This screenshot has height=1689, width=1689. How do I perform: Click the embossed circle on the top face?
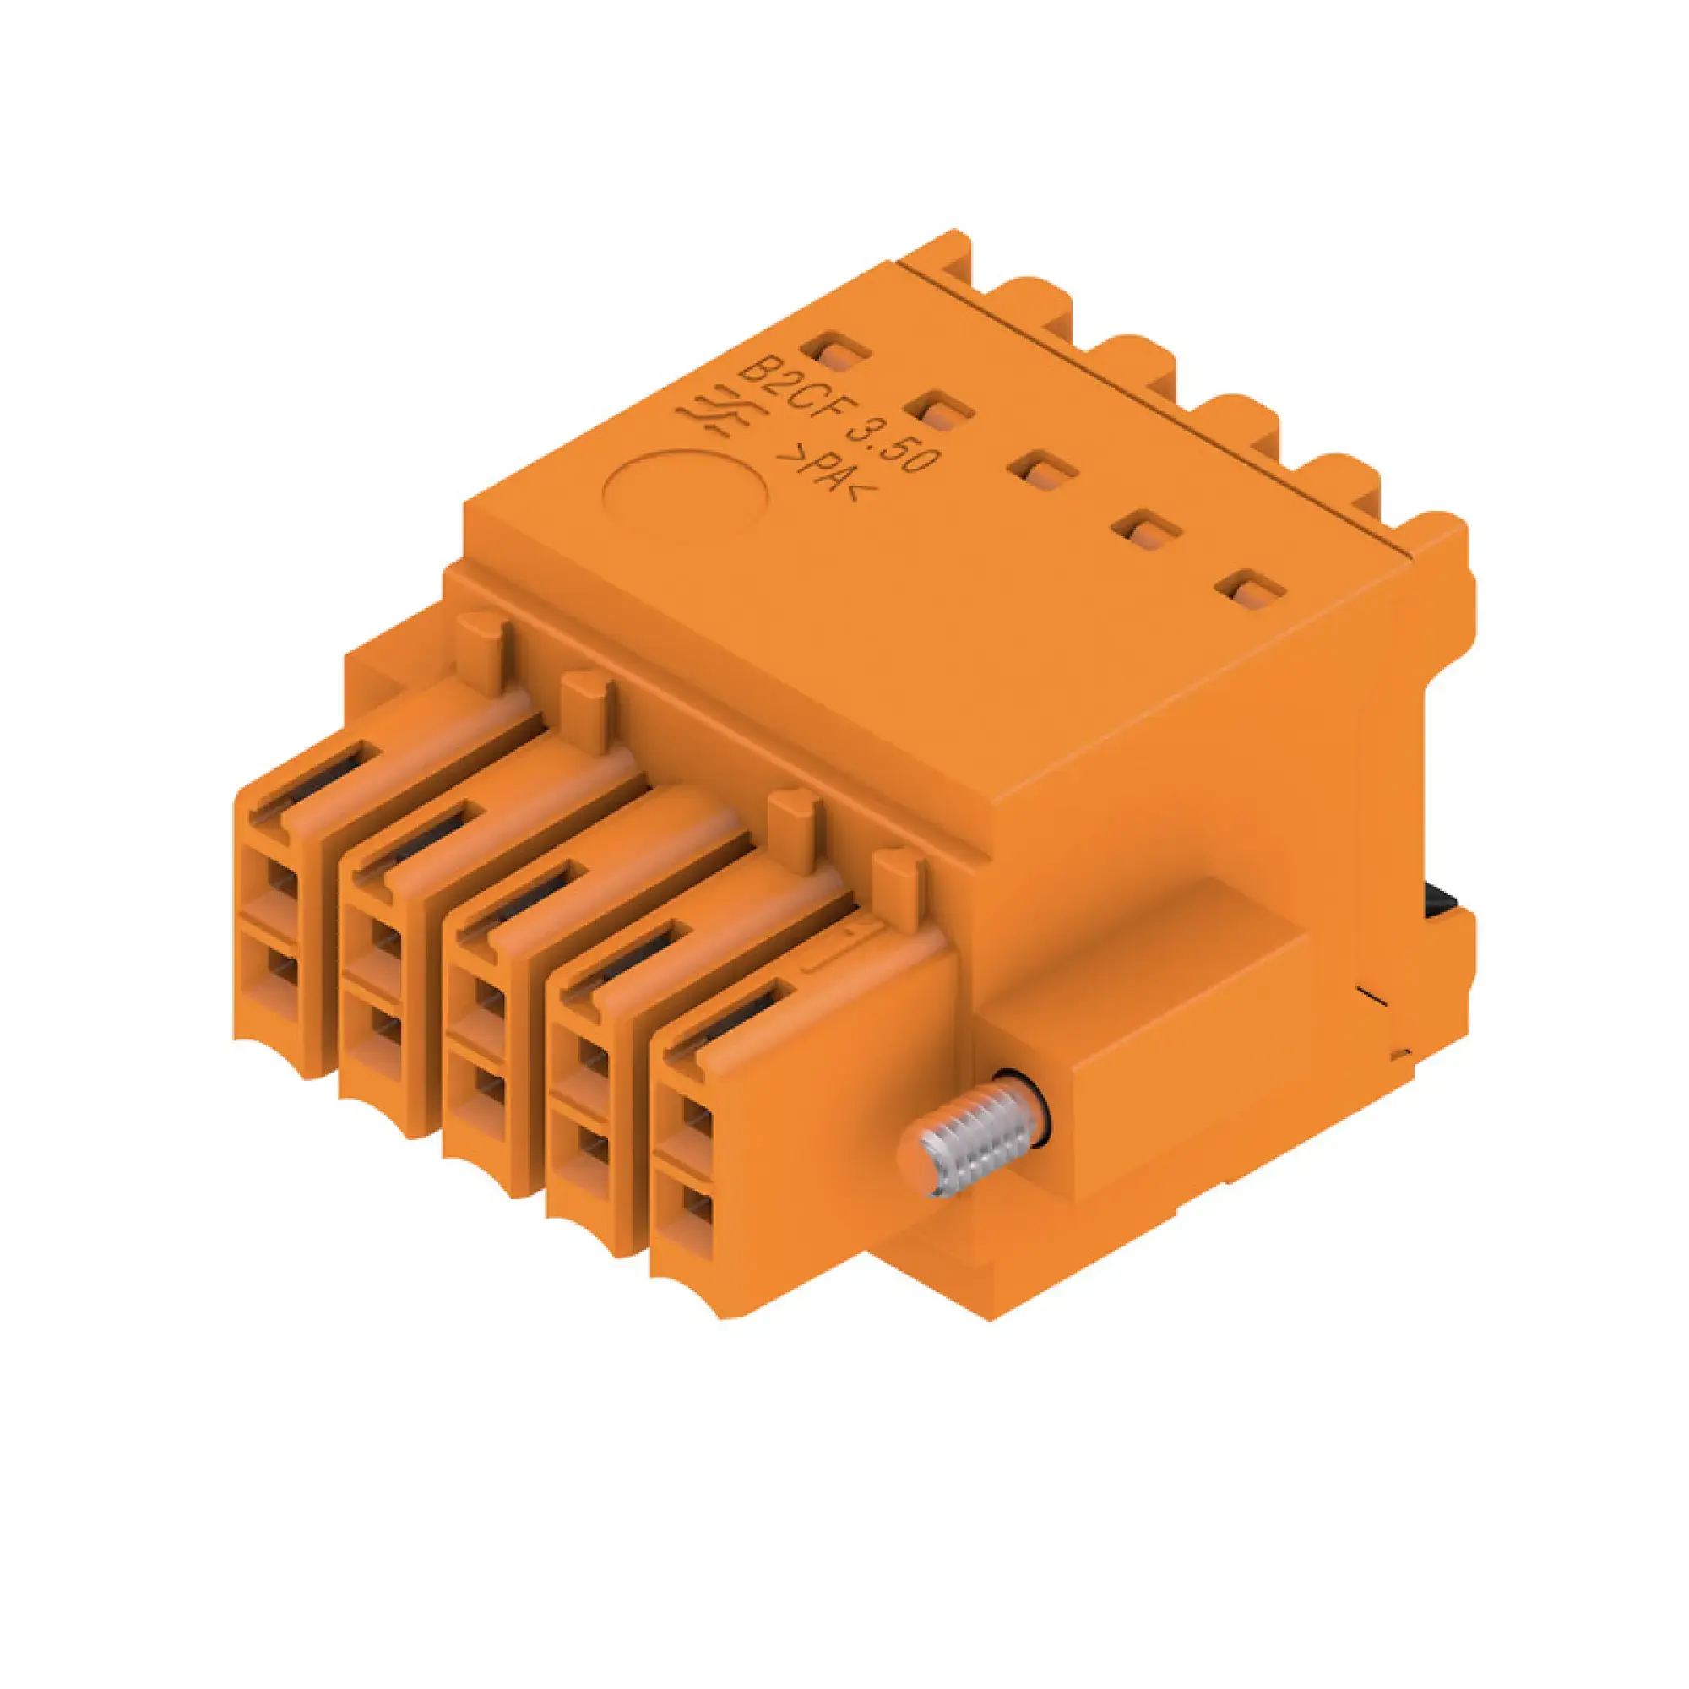coord(688,492)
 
